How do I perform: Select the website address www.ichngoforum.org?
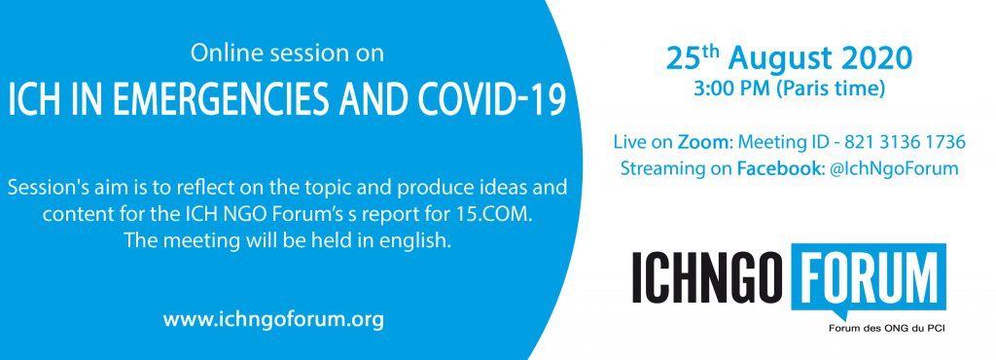(273, 319)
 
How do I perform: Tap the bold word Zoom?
(704, 142)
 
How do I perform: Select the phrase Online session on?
(287, 54)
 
